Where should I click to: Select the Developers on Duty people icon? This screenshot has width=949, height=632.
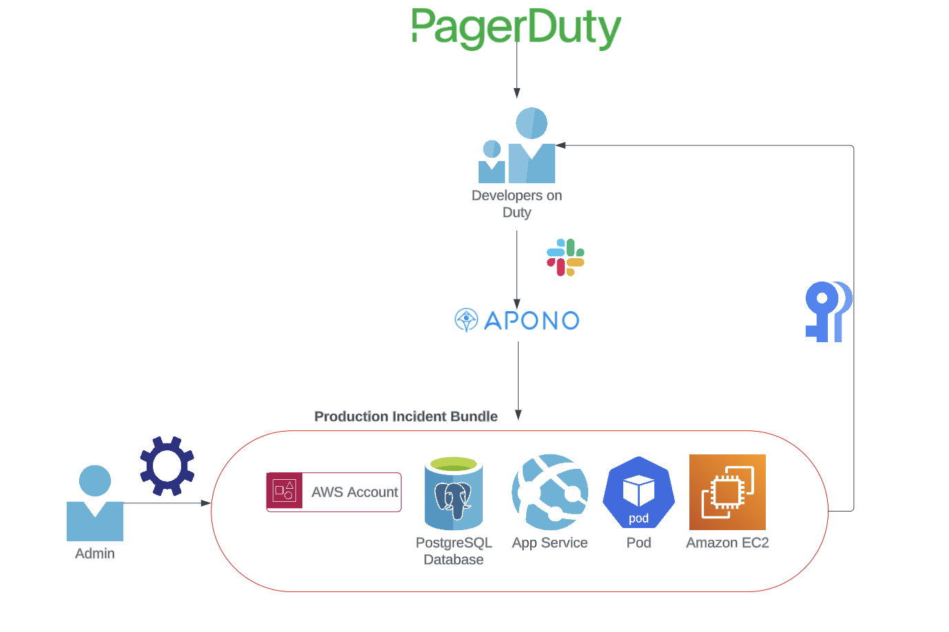pos(517,146)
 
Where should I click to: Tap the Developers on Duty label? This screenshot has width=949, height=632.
pos(517,204)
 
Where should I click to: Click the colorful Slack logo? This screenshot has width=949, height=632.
pos(565,257)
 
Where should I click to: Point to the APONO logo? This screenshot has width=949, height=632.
pos(517,320)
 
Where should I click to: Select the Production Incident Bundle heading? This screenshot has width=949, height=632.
pos(406,417)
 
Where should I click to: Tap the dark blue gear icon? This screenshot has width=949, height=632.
pos(167,466)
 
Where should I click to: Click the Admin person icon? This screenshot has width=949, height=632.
pos(95,503)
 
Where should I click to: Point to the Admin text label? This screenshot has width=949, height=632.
pos(95,554)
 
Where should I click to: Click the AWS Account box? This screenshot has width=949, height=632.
pos(334,492)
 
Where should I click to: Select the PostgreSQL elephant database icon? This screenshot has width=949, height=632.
pos(453,494)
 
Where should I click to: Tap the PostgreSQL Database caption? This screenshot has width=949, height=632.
pos(454,551)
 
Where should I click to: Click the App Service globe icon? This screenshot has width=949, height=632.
pos(550,492)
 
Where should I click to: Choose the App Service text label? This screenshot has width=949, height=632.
pos(550,543)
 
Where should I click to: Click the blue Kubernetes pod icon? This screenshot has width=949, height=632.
pos(638,492)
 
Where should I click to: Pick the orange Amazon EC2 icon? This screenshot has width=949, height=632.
pos(727,492)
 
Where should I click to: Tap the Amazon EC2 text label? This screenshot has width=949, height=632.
pos(727,543)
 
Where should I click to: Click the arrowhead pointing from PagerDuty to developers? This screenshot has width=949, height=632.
pos(517,94)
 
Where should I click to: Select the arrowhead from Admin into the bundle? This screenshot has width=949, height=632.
pos(206,503)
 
